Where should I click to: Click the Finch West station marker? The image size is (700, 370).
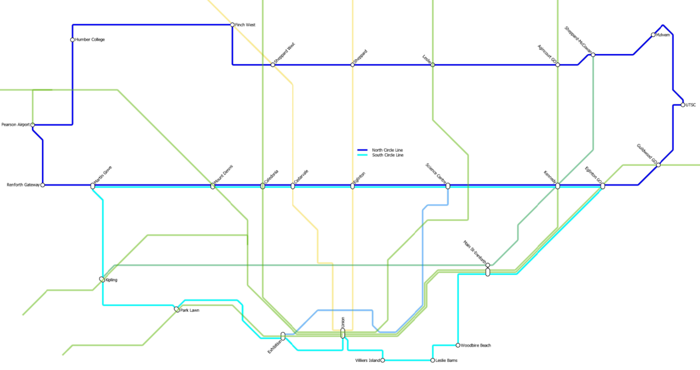tap(232, 25)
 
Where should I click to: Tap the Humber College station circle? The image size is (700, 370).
tap(73, 40)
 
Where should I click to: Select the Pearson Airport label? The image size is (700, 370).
tap(15, 124)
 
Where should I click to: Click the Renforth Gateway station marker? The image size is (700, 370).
tap(43, 185)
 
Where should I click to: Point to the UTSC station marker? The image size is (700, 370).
tap(683, 105)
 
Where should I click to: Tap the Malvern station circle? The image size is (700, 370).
tap(653, 34)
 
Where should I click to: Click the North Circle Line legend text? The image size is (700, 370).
tap(387, 150)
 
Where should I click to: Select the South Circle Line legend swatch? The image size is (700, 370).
tap(363, 155)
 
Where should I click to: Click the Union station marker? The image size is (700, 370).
tap(343, 333)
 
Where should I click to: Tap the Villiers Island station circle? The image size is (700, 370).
tap(383, 360)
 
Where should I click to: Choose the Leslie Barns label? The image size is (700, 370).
tap(446, 360)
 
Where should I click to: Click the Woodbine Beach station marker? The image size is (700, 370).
tap(458, 345)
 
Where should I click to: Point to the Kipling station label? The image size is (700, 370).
tap(111, 280)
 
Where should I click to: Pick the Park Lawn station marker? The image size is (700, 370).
tap(177, 309)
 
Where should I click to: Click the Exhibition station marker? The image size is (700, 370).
tap(283, 336)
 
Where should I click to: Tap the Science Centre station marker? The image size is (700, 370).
tap(448, 186)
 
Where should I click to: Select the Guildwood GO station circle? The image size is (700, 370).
tap(658, 165)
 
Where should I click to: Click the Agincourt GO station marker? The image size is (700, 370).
tap(558, 65)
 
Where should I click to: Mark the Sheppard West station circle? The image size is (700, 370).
tap(273, 65)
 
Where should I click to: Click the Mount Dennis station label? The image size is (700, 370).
tap(224, 175)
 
